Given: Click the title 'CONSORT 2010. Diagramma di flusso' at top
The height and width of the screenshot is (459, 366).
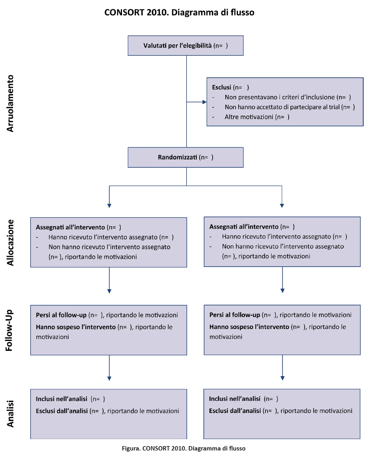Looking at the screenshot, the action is click(x=179, y=12).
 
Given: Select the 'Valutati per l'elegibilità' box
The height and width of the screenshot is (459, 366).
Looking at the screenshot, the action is click(x=185, y=46).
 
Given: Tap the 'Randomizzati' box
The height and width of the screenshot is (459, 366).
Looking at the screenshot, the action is click(x=185, y=157).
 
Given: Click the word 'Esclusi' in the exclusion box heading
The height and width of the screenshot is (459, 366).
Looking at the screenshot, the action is click(x=222, y=87).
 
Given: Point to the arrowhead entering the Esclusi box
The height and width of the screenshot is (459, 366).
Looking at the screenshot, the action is click(x=205, y=102).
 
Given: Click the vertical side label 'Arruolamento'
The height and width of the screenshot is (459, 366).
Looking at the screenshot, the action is click(x=10, y=103).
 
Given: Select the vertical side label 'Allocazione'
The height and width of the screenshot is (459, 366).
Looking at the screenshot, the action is click(x=10, y=243).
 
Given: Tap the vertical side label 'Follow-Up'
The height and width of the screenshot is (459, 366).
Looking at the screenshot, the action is click(x=9, y=330).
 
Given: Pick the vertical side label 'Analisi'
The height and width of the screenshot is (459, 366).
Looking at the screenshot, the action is click(x=10, y=414).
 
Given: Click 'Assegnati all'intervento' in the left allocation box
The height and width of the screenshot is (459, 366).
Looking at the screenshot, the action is click(x=70, y=227).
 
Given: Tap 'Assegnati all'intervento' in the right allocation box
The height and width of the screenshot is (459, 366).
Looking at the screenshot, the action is click(x=244, y=227).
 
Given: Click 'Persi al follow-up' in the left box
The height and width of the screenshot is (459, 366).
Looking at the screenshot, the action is click(x=61, y=315).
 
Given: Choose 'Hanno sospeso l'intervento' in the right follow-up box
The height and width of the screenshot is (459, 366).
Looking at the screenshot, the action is click(x=249, y=327).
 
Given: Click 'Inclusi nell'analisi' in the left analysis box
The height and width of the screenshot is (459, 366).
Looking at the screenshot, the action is click(x=61, y=399).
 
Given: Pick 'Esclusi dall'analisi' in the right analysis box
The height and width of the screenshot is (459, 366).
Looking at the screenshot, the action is click(x=235, y=411).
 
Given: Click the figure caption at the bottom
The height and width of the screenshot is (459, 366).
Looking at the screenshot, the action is click(x=184, y=448).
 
